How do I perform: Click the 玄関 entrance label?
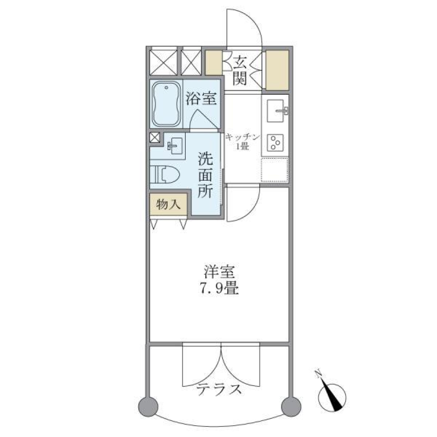tap(240, 70)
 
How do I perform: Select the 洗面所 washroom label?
tap(205, 175)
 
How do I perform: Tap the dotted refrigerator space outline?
tap(274, 170)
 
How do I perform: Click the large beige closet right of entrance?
tap(277, 70)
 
